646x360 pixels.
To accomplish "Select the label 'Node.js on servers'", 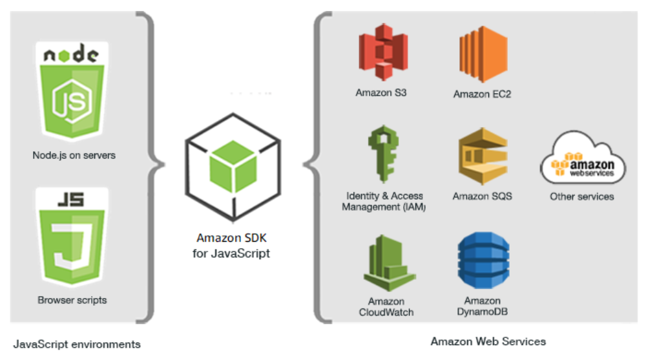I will pyautogui.click(x=74, y=156).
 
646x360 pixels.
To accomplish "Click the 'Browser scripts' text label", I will pyautogui.click(x=72, y=300).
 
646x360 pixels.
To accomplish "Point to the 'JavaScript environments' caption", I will pyautogui.click(x=77, y=344).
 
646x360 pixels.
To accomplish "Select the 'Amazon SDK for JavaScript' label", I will pyautogui.click(x=231, y=246).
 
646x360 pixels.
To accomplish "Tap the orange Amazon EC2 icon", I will pyautogui.click(x=482, y=50).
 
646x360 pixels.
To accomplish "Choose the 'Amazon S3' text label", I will pyautogui.click(x=381, y=92).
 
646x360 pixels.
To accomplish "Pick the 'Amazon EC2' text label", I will pyautogui.click(x=482, y=94).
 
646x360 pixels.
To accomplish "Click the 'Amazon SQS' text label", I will pyautogui.click(x=482, y=196).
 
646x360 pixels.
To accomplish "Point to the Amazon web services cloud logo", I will pyautogui.click(x=582, y=162).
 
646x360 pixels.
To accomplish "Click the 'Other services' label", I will pyautogui.click(x=582, y=196).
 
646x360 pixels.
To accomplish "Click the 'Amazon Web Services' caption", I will pyautogui.click(x=488, y=341).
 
